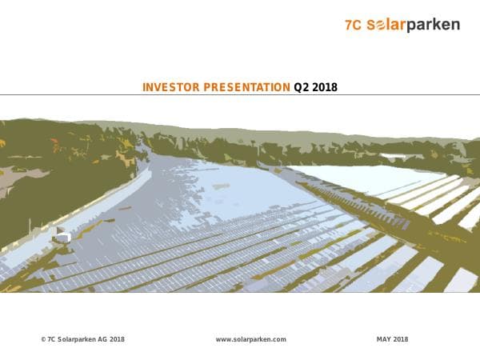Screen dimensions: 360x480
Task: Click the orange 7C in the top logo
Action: tap(354, 25)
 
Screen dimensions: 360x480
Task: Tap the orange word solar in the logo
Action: tap(386, 25)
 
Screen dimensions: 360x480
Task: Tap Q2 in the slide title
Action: tap(302, 86)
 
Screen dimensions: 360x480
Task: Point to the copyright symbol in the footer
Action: tap(43, 339)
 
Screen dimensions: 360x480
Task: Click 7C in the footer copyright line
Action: tap(51, 339)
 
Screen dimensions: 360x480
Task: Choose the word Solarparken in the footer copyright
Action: tap(77, 339)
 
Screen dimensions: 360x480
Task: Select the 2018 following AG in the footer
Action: tap(117, 339)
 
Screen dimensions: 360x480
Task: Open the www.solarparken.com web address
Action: tap(250, 339)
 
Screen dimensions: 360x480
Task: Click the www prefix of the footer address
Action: tap(222, 339)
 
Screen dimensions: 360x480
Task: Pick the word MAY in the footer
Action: tap(384, 339)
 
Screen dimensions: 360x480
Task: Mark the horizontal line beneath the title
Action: tap(240, 94)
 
